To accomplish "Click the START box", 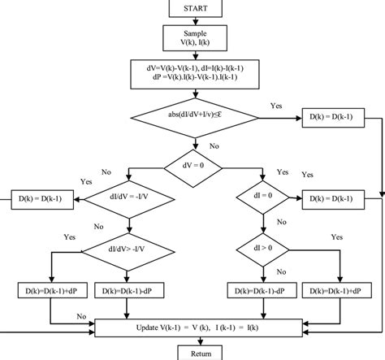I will click(195, 8).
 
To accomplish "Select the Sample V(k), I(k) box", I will click(195, 37).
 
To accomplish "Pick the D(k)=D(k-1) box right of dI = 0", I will click(334, 197).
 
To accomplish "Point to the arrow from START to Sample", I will click(195, 20).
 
